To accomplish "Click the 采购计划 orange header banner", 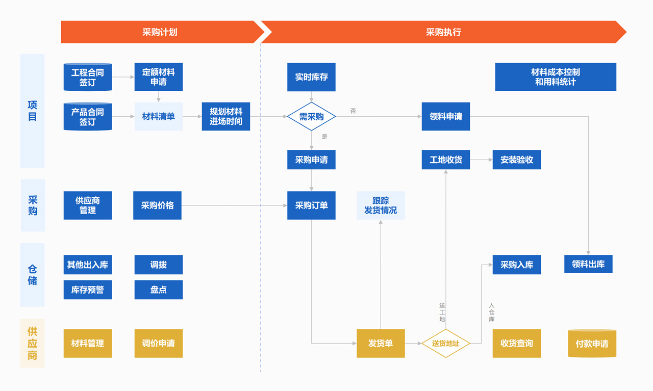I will coord(159,32).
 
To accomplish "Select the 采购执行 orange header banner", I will coord(443,32).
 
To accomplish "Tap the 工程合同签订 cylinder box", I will coord(88,77).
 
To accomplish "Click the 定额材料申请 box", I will coord(158,77).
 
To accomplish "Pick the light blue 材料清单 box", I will coord(158,117).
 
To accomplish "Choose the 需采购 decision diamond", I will coord(311,117).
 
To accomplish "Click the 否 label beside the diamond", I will coord(353,111).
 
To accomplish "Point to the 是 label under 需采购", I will coord(324,137).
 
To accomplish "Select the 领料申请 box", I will coord(445,117).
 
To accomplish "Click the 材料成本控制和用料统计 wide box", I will coord(555,77).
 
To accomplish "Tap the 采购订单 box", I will coord(311,205).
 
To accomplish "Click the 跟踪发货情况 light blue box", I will coord(381,205).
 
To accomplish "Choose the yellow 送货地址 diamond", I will coord(445,343).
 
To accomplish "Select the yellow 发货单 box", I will coord(381,343).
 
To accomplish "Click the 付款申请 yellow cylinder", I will coord(592,344).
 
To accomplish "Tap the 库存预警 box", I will coord(88,290).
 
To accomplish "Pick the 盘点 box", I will coord(158,290).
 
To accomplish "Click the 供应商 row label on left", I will coord(32,343).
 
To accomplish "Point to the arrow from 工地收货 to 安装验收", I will coord(481,160).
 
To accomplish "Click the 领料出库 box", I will coord(588,264).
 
